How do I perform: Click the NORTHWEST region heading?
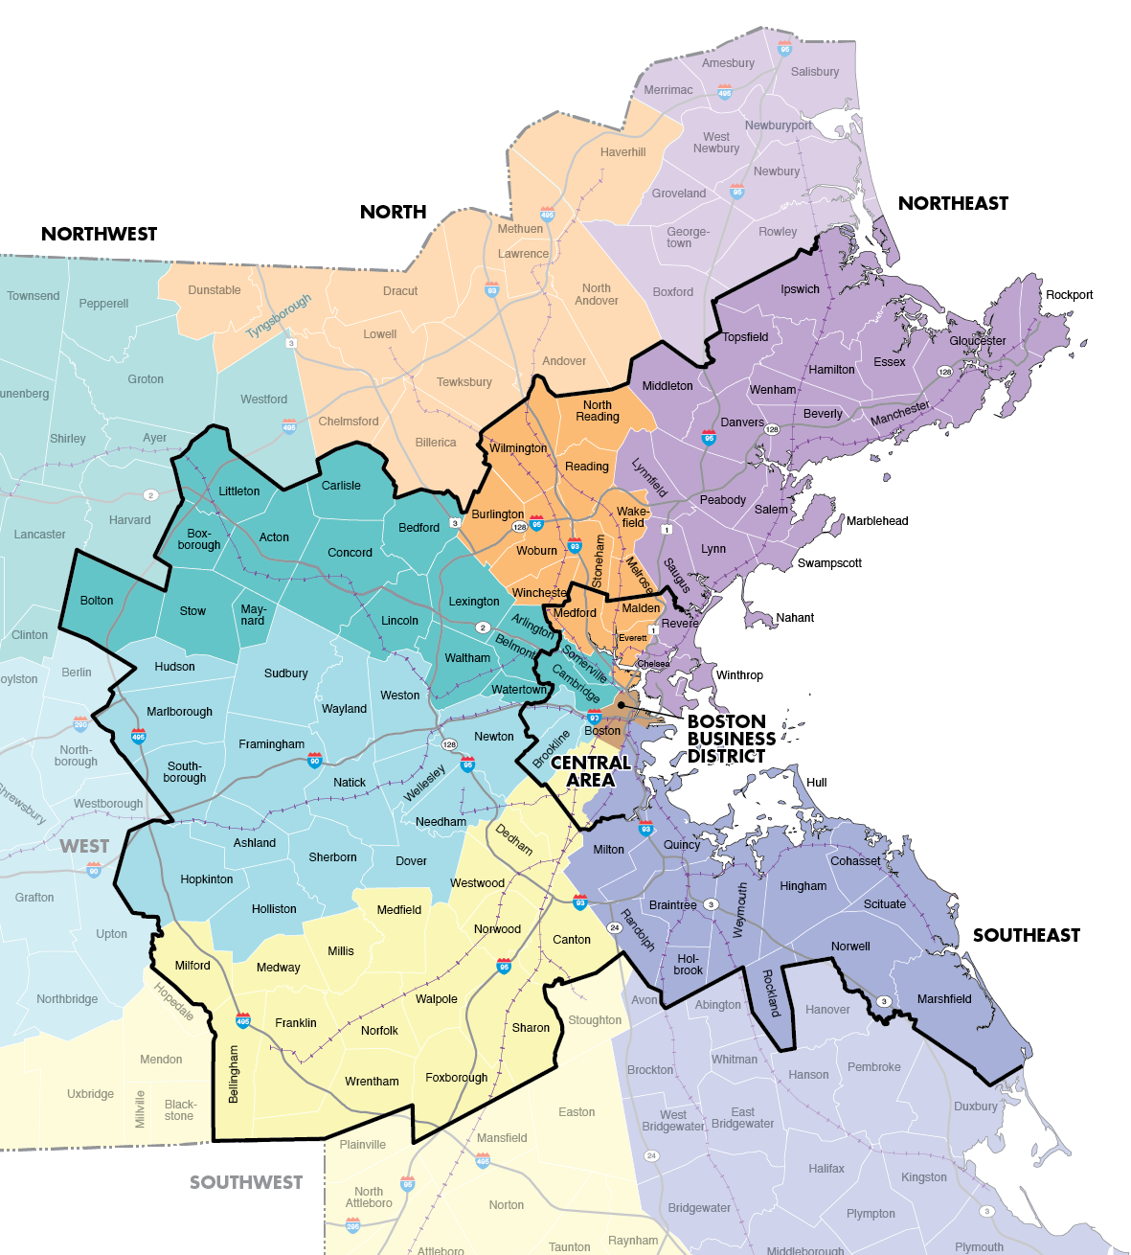99,234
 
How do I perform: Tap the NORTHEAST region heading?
953,203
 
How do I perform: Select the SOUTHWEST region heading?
245,1182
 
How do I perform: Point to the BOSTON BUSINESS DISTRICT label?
731,739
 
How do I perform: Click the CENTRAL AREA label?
590,771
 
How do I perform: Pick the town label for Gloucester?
977,340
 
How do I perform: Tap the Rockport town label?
1069,294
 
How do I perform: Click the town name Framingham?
271,744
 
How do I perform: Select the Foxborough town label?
456,1078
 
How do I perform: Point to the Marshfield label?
943,998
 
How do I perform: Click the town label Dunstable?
215,290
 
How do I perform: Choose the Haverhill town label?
622,152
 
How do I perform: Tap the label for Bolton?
97,601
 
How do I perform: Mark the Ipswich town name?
800,289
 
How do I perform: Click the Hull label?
816,782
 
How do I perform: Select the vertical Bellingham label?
234,1074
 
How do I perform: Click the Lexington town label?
474,602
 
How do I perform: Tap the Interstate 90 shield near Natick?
314,762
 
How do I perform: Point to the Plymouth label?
979,1246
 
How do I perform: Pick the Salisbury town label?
814,72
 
